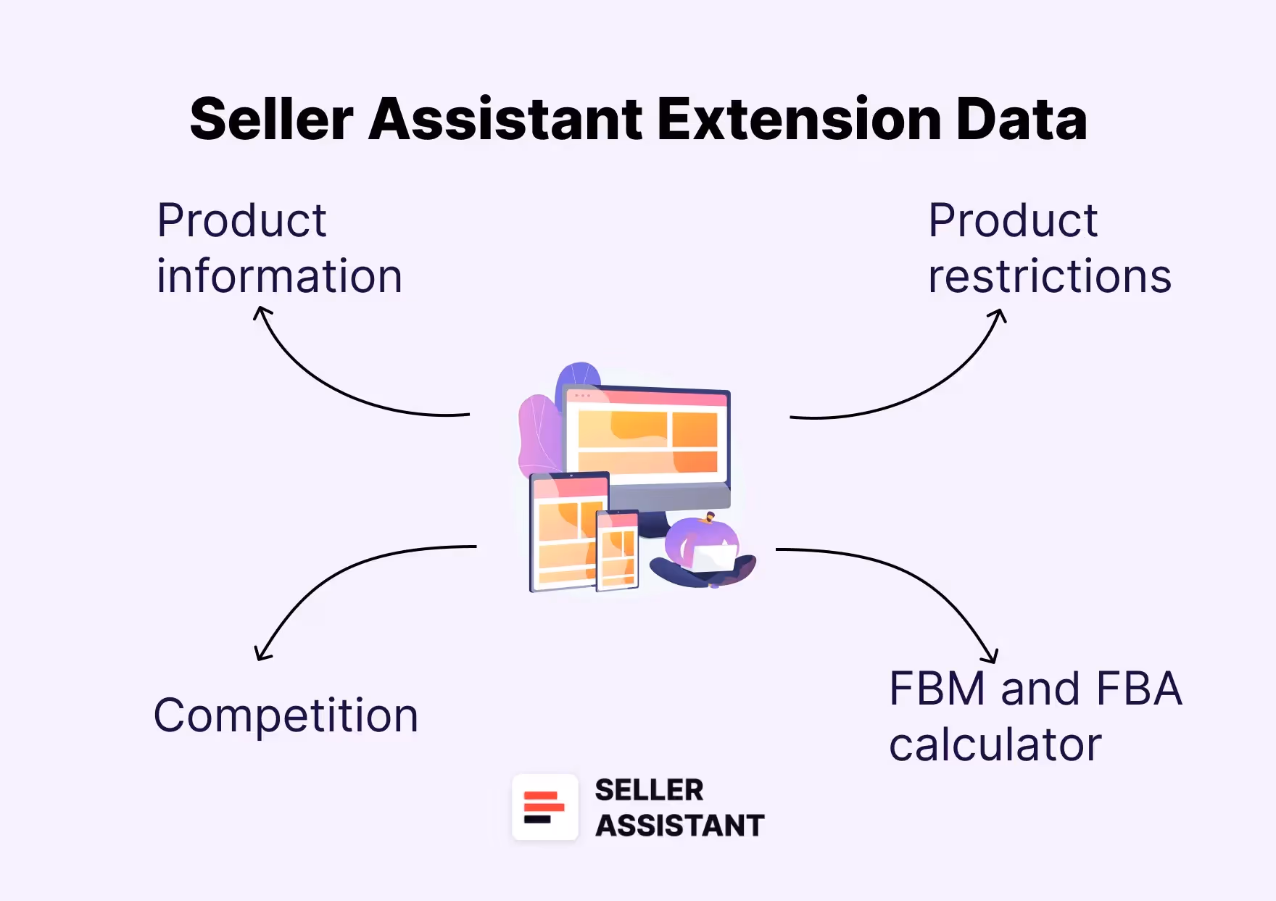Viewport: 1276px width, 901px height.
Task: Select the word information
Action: click(279, 276)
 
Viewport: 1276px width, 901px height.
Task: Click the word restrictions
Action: click(1049, 276)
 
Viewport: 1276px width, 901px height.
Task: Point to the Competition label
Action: click(286, 715)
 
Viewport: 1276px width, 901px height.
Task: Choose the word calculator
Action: click(995, 744)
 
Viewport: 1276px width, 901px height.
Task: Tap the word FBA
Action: click(1139, 688)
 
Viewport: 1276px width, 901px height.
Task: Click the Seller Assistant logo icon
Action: click(545, 807)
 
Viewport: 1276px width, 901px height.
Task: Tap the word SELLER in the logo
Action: click(649, 790)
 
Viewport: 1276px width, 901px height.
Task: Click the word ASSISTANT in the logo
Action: click(679, 826)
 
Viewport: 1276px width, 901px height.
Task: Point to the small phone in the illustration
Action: click(618, 550)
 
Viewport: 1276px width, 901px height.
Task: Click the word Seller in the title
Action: click(272, 120)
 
